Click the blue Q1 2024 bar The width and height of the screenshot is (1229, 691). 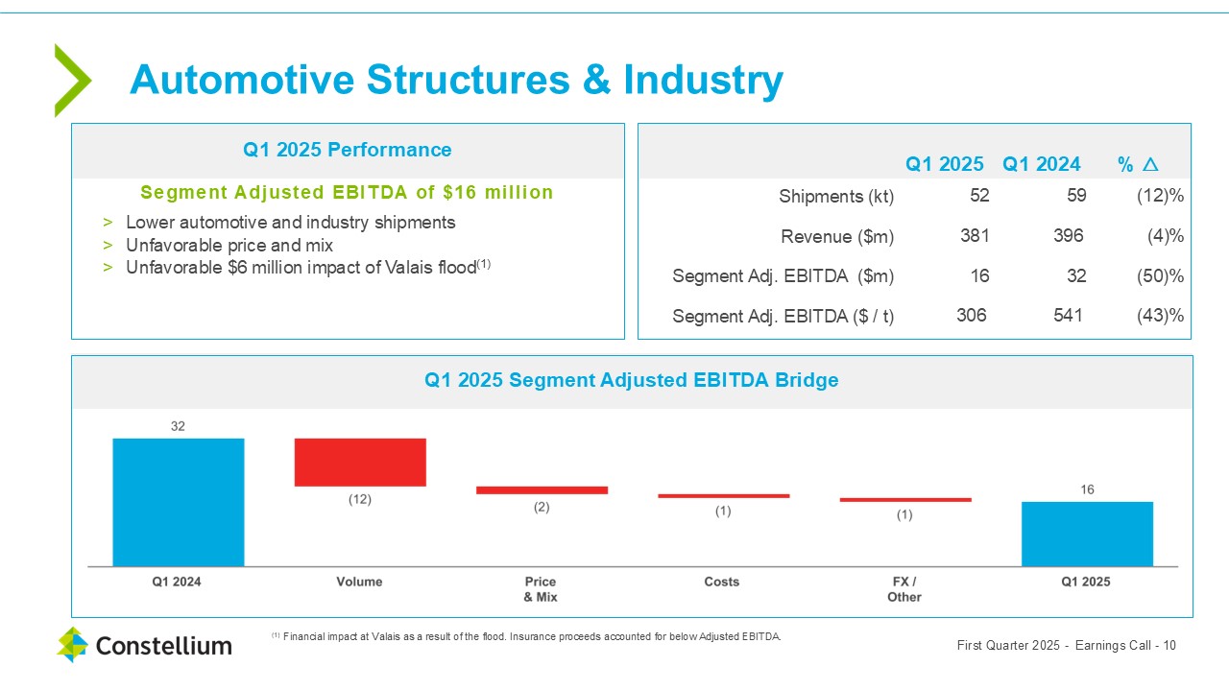[178, 502]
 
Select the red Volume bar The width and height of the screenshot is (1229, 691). [359, 462]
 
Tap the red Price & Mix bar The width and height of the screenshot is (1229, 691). [542, 489]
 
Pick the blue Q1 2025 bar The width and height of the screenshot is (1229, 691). [1087, 534]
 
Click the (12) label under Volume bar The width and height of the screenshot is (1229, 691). [359, 500]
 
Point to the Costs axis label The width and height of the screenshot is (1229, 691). [722, 582]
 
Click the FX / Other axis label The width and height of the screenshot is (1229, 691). [904, 589]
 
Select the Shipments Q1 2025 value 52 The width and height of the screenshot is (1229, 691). [978, 196]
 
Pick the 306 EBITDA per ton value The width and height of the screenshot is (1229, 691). [971, 315]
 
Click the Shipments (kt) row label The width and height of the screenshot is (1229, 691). [836, 197]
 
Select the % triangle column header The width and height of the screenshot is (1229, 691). [1138, 164]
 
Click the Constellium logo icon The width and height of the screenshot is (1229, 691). [72, 645]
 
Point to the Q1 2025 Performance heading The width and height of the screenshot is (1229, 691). [347, 150]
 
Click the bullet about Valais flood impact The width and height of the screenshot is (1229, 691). [301, 268]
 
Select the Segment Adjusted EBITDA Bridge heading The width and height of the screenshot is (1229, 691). [631, 380]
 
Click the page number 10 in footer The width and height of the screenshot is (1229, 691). [1169, 645]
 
